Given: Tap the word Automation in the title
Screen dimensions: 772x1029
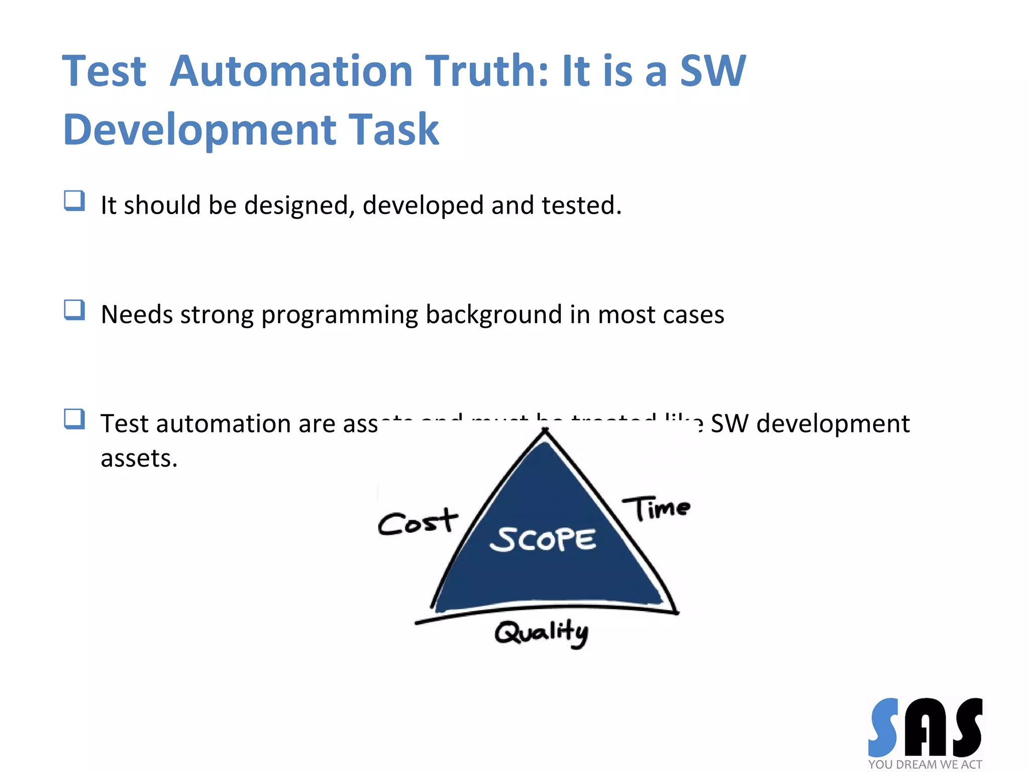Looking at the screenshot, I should (x=291, y=71).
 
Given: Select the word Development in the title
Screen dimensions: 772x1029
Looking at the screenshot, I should (x=199, y=130).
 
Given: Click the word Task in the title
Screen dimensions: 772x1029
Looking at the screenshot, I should (x=393, y=130).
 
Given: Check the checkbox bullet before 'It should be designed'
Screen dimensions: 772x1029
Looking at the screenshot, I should (x=74, y=201).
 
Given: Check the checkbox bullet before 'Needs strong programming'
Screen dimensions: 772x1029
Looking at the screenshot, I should (x=74, y=310).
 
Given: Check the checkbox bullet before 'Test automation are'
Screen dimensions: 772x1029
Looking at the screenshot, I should (x=74, y=419).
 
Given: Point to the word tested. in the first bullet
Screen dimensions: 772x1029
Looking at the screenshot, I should (x=581, y=206).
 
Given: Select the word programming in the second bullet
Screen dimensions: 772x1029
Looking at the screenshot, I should (x=339, y=315).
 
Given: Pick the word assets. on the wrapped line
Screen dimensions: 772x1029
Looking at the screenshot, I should (x=139, y=458).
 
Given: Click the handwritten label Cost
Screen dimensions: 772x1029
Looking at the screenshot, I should (x=417, y=522).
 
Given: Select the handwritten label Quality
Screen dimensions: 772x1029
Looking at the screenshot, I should (x=541, y=632).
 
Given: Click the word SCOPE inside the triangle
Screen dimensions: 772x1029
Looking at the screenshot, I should (x=543, y=540).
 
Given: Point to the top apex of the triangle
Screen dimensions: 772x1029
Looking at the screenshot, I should (x=545, y=431).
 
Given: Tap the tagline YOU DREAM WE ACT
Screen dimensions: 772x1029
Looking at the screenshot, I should (x=924, y=764).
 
